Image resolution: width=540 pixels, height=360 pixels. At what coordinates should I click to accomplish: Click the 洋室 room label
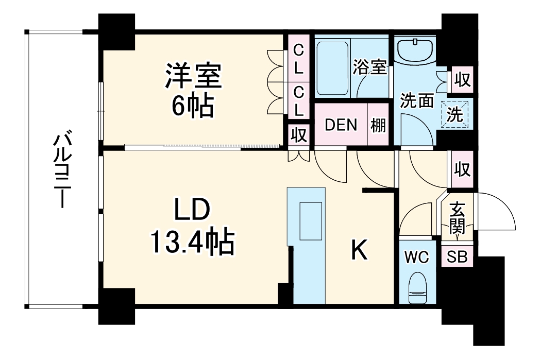click(193, 76)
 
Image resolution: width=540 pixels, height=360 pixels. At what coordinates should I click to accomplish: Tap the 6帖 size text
click(193, 105)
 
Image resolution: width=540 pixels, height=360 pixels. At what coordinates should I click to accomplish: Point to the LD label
click(192, 211)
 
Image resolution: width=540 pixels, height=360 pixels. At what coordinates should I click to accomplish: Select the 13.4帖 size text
click(192, 242)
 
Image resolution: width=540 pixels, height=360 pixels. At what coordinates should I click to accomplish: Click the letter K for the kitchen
click(359, 251)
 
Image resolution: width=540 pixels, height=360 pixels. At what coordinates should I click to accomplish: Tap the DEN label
click(340, 125)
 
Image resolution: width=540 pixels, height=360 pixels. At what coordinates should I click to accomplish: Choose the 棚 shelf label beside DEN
click(378, 125)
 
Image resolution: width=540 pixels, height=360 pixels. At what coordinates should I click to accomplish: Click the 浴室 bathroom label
click(370, 67)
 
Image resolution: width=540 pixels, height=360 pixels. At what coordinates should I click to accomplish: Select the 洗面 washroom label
click(417, 101)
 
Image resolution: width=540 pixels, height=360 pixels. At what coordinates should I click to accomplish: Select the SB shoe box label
click(457, 257)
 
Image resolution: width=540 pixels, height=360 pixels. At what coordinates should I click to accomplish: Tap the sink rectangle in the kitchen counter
click(311, 221)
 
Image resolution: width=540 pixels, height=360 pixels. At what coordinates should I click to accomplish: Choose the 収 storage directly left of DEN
click(298, 135)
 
